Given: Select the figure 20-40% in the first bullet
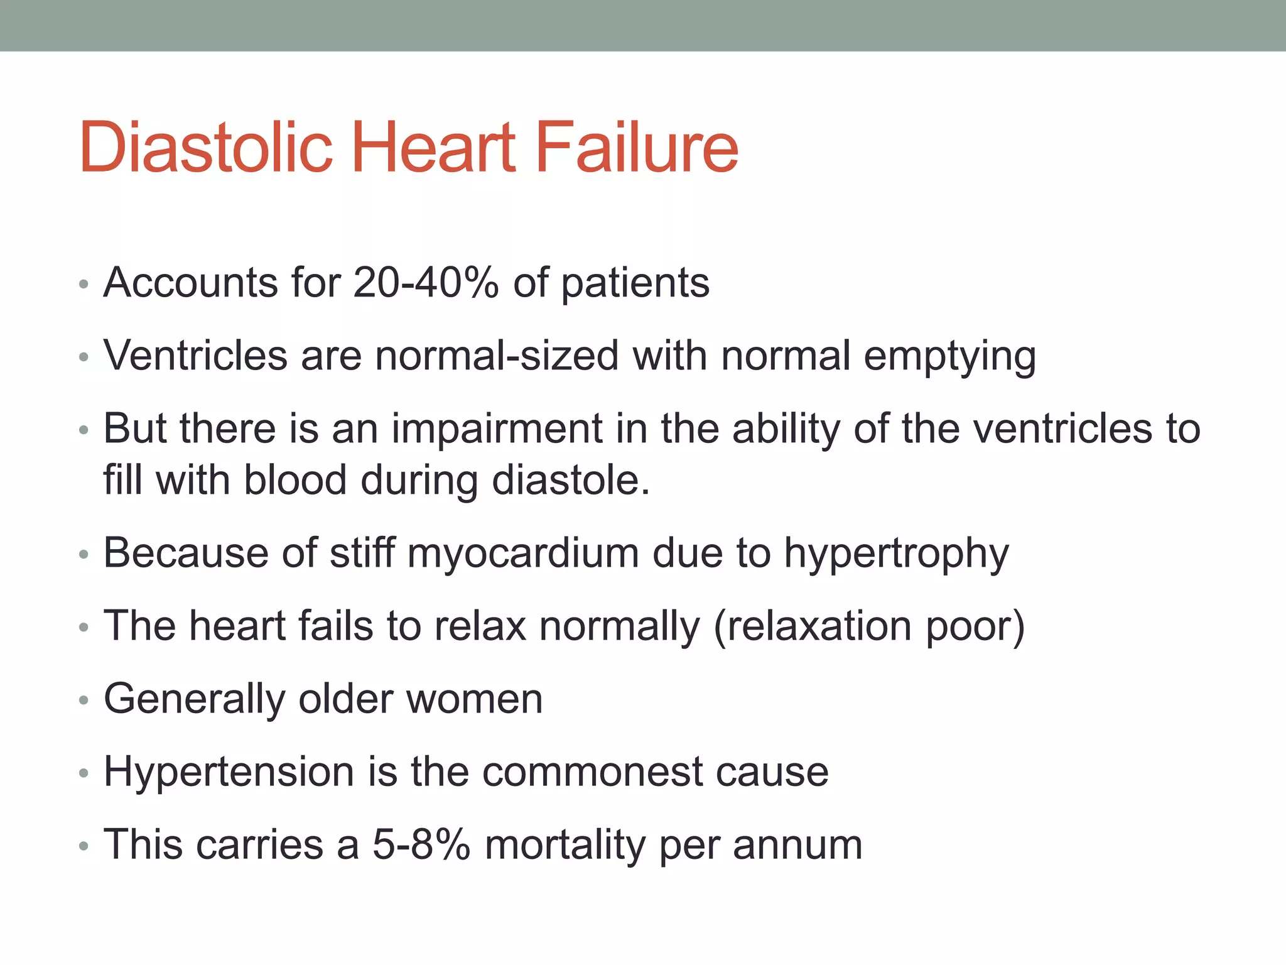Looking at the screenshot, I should (x=426, y=283).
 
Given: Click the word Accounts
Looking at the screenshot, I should (x=190, y=283).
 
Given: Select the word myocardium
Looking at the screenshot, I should (x=522, y=554).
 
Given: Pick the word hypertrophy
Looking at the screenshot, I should (x=896, y=554).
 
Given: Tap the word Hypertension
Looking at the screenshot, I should (x=229, y=772).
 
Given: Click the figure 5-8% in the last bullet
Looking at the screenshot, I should (x=421, y=844).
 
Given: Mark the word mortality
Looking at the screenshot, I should (x=565, y=846).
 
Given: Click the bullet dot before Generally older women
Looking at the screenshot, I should (x=84, y=700).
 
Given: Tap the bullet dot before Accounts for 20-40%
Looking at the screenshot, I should (x=84, y=285).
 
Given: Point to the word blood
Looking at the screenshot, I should (x=295, y=481).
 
